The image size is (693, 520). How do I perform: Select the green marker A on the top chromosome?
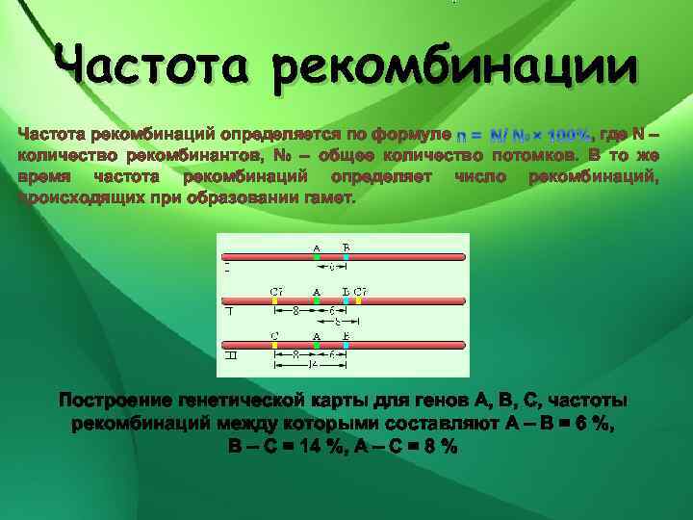click(317, 257)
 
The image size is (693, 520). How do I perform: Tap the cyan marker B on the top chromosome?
click(346, 257)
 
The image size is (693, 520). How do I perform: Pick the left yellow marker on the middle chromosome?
click(275, 300)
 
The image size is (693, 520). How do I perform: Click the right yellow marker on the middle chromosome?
click(358, 300)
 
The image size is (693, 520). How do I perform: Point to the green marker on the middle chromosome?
click(317, 300)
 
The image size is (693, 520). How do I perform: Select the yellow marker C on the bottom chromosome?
click(275, 344)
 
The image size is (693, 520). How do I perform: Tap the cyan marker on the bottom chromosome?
click(346, 344)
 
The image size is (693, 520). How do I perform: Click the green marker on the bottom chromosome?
click(317, 344)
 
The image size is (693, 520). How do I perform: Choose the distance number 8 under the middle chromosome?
click(295, 310)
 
